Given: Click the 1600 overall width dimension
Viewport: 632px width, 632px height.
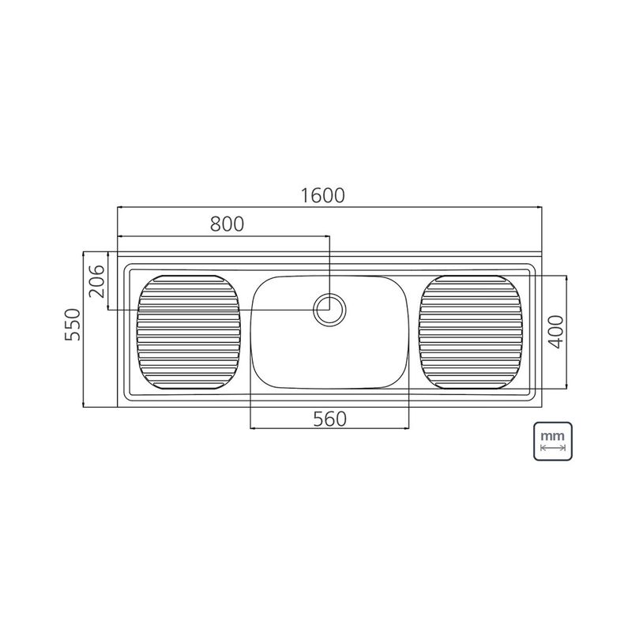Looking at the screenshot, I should [323, 195].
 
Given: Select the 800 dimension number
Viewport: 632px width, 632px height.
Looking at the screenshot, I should [227, 224].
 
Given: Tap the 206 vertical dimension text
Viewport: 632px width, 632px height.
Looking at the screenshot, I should [96, 281].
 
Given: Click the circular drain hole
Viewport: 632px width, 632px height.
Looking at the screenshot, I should [329, 309].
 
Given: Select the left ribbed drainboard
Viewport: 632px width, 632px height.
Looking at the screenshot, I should [189, 331].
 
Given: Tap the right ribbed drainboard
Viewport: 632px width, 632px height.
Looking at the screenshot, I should [472, 331].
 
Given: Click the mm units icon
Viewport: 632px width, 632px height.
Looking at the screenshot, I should [551, 440].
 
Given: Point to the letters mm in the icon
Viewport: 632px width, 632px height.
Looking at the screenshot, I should [551, 434].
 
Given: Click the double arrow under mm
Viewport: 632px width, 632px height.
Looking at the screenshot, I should [551, 448].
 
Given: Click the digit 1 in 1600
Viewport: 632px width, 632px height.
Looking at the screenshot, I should [303, 195].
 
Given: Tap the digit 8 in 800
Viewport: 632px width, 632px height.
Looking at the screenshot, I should [215, 224].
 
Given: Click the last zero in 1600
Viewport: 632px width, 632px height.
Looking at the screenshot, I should [342, 195].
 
